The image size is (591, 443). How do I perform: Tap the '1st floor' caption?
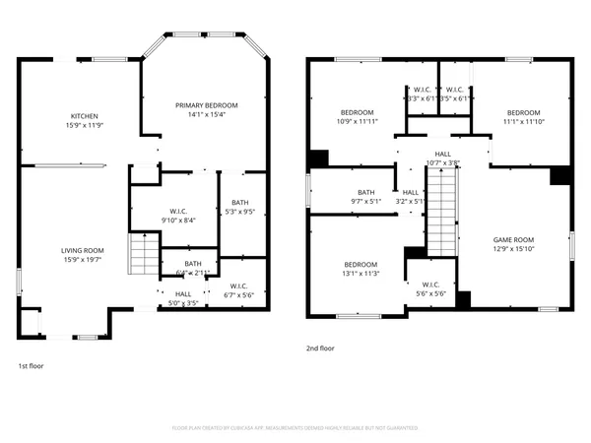[31, 365]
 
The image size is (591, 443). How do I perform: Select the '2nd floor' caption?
[321, 348]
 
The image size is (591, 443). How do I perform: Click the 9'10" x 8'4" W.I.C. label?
[177, 215]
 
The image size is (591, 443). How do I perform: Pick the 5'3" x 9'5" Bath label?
[240, 206]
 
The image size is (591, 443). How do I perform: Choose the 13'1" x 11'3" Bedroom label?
[361, 269]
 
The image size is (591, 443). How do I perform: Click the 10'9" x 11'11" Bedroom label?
[358, 117]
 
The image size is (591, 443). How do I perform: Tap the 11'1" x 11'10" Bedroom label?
[523, 117]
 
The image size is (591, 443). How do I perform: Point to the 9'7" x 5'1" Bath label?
[366, 197]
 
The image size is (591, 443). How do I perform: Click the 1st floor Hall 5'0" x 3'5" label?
[184, 298]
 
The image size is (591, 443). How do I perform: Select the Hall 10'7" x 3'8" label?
[443, 158]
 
